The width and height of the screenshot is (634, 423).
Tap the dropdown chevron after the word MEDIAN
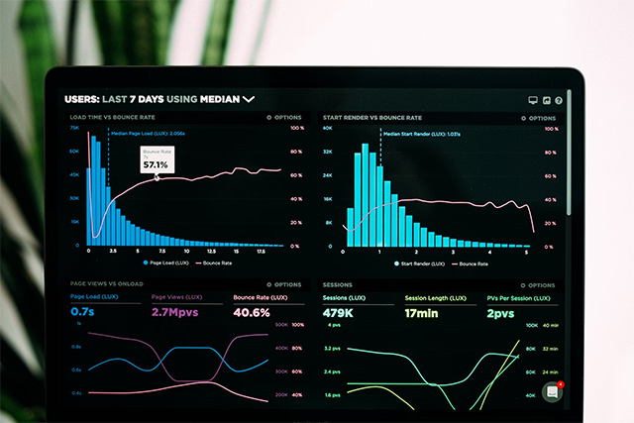click(249, 99)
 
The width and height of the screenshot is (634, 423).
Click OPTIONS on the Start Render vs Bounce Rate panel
click(538, 117)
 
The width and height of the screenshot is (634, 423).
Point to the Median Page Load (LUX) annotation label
click(149, 132)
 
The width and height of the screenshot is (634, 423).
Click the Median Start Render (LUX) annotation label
click(421, 133)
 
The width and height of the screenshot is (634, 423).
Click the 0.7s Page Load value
click(82, 312)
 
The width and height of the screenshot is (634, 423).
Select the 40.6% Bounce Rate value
click(252, 312)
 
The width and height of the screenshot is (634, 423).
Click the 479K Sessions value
click(339, 313)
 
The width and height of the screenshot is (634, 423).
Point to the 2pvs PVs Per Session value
click(501, 313)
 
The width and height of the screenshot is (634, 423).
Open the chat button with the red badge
click(553, 390)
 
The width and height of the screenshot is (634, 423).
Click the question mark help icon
click(559, 100)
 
